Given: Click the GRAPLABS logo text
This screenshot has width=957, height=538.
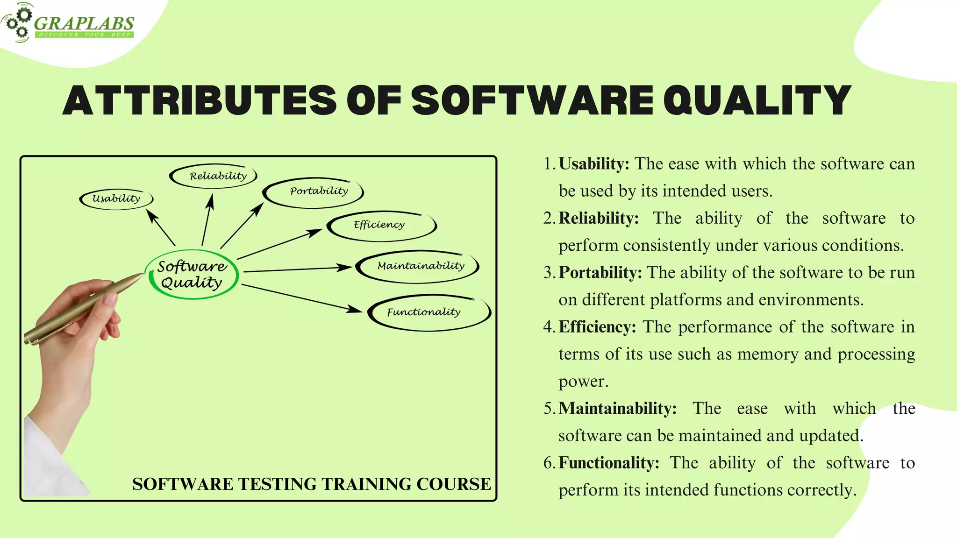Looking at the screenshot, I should click(x=84, y=23).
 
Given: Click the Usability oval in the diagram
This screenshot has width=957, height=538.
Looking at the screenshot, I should click(x=116, y=198).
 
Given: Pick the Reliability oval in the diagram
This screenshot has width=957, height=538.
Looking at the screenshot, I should click(x=214, y=176).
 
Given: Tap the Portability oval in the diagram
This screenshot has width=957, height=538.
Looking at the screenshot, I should click(x=313, y=191).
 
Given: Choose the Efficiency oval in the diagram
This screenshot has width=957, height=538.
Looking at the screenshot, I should click(x=381, y=226).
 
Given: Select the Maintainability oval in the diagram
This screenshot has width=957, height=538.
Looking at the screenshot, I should click(x=418, y=266).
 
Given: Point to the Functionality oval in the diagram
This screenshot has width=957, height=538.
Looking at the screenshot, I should click(x=428, y=312).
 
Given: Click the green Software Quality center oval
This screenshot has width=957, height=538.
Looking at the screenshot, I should click(x=192, y=274).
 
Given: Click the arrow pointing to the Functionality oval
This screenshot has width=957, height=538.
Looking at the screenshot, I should click(x=301, y=298).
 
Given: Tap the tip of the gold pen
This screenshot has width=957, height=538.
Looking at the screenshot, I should click(x=141, y=275).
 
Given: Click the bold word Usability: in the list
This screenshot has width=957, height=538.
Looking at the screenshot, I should click(x=594, y=164).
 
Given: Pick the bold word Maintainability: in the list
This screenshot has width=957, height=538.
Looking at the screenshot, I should click(x=617, y=409).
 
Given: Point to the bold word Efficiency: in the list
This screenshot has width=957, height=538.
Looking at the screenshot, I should click(x=597, y=327).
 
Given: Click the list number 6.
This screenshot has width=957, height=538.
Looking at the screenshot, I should click(x=548, y=463).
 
